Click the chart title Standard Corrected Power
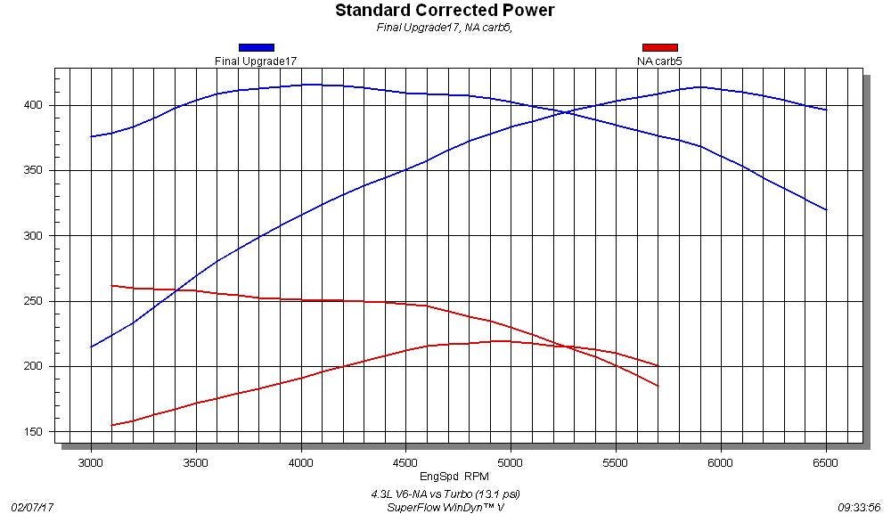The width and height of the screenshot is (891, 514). pyautogui.click(x=445, y=11)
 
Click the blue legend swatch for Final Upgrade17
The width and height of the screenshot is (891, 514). pyautogui.click(x=256, y=48)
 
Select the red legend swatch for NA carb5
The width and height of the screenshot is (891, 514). pyautogui.click(x=659, y=48)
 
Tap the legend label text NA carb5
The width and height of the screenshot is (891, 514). pyautogui.click(x=659, y=61)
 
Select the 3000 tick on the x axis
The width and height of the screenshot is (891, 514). pyautogui.click(x=91, y=462)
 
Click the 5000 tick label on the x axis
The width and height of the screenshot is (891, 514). pyautogui.click(x=511, y=462)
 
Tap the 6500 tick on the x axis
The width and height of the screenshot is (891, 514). pyautogui.click(x=826, y=462)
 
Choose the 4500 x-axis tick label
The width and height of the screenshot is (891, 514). pyautogui.click(x=405, y=462)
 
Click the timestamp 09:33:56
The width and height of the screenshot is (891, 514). pyautogui.click(x=859, y=507)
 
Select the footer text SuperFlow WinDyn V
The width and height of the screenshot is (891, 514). pyautogui.click(x=445, y=507)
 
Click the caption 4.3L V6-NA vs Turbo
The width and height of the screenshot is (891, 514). pyautogui.click(x=445, y=494)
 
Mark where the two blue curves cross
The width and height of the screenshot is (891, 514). pyautogui.click(x=566, y=112)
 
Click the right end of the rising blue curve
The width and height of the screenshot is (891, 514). pyautogui.click(x=826, y=110)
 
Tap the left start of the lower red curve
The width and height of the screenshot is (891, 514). pyautogui.click(x=112, y=426)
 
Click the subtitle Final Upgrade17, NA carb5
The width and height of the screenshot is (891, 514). pyautogui.click(x=445, y=27)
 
